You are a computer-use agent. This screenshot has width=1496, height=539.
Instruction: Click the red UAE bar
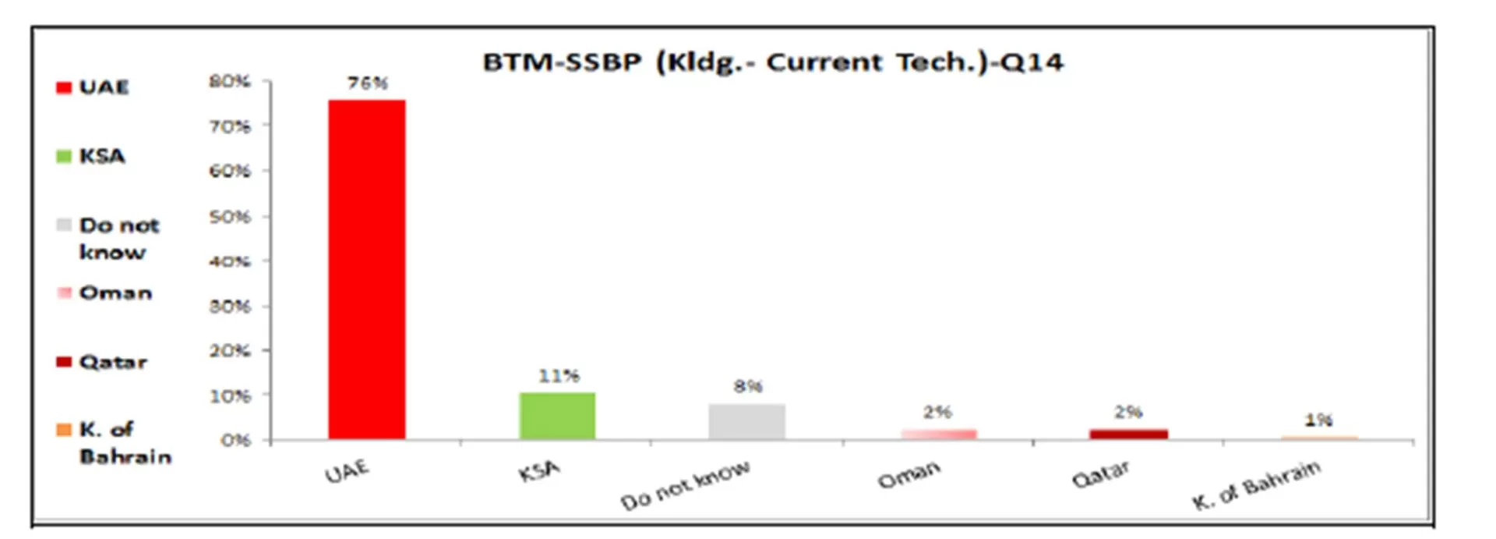pos(366,269)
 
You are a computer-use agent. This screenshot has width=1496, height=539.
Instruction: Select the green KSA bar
pos(557,416)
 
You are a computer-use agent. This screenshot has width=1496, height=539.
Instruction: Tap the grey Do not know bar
pos(746,421)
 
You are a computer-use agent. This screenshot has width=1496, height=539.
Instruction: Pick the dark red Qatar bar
pos(1128,434)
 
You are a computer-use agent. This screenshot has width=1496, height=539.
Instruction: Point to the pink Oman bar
pos(938,434)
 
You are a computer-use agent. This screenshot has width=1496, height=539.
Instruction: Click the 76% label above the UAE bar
pos(368,83)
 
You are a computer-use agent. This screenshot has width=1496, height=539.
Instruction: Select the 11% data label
pos(559,376)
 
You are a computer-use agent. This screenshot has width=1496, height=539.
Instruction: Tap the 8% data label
pos(748,386)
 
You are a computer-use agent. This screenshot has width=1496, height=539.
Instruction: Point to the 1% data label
pos(1318,420)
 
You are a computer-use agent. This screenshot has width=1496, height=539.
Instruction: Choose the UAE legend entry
pos(93,87)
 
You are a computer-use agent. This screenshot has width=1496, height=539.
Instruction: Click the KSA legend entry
pos(92,156)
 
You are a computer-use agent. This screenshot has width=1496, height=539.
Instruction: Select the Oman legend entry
pos(105,293)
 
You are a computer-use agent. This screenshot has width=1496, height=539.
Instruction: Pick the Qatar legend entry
pos(103,362)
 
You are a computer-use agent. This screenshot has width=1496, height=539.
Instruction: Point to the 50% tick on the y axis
pos(230,216)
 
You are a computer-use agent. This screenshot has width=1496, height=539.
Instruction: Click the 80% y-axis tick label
pos(230,81)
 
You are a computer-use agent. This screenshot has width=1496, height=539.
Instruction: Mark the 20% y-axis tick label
pos(230,351)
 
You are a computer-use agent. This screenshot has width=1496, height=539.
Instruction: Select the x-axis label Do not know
pos(686,484)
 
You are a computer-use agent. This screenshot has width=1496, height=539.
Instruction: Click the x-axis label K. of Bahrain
pos(1256,484)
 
